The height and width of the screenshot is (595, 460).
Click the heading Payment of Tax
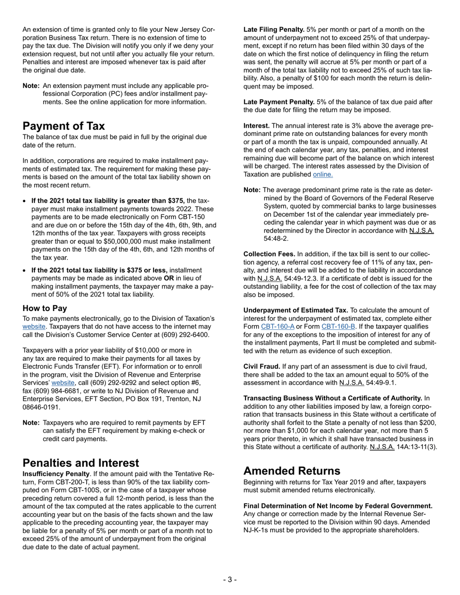pos(63,126)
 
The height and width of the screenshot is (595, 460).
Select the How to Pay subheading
pos(45,308)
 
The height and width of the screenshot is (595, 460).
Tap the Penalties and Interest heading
pos(81,463)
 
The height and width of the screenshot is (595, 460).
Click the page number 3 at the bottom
pos(230,580)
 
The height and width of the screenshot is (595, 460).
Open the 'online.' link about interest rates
pos(322,174)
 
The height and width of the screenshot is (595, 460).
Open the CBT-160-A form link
pos(277,326)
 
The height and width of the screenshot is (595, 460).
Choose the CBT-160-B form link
pos(338,326)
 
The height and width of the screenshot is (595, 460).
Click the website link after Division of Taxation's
pos(33,327)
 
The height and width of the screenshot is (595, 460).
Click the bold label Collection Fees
pos(269,254)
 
